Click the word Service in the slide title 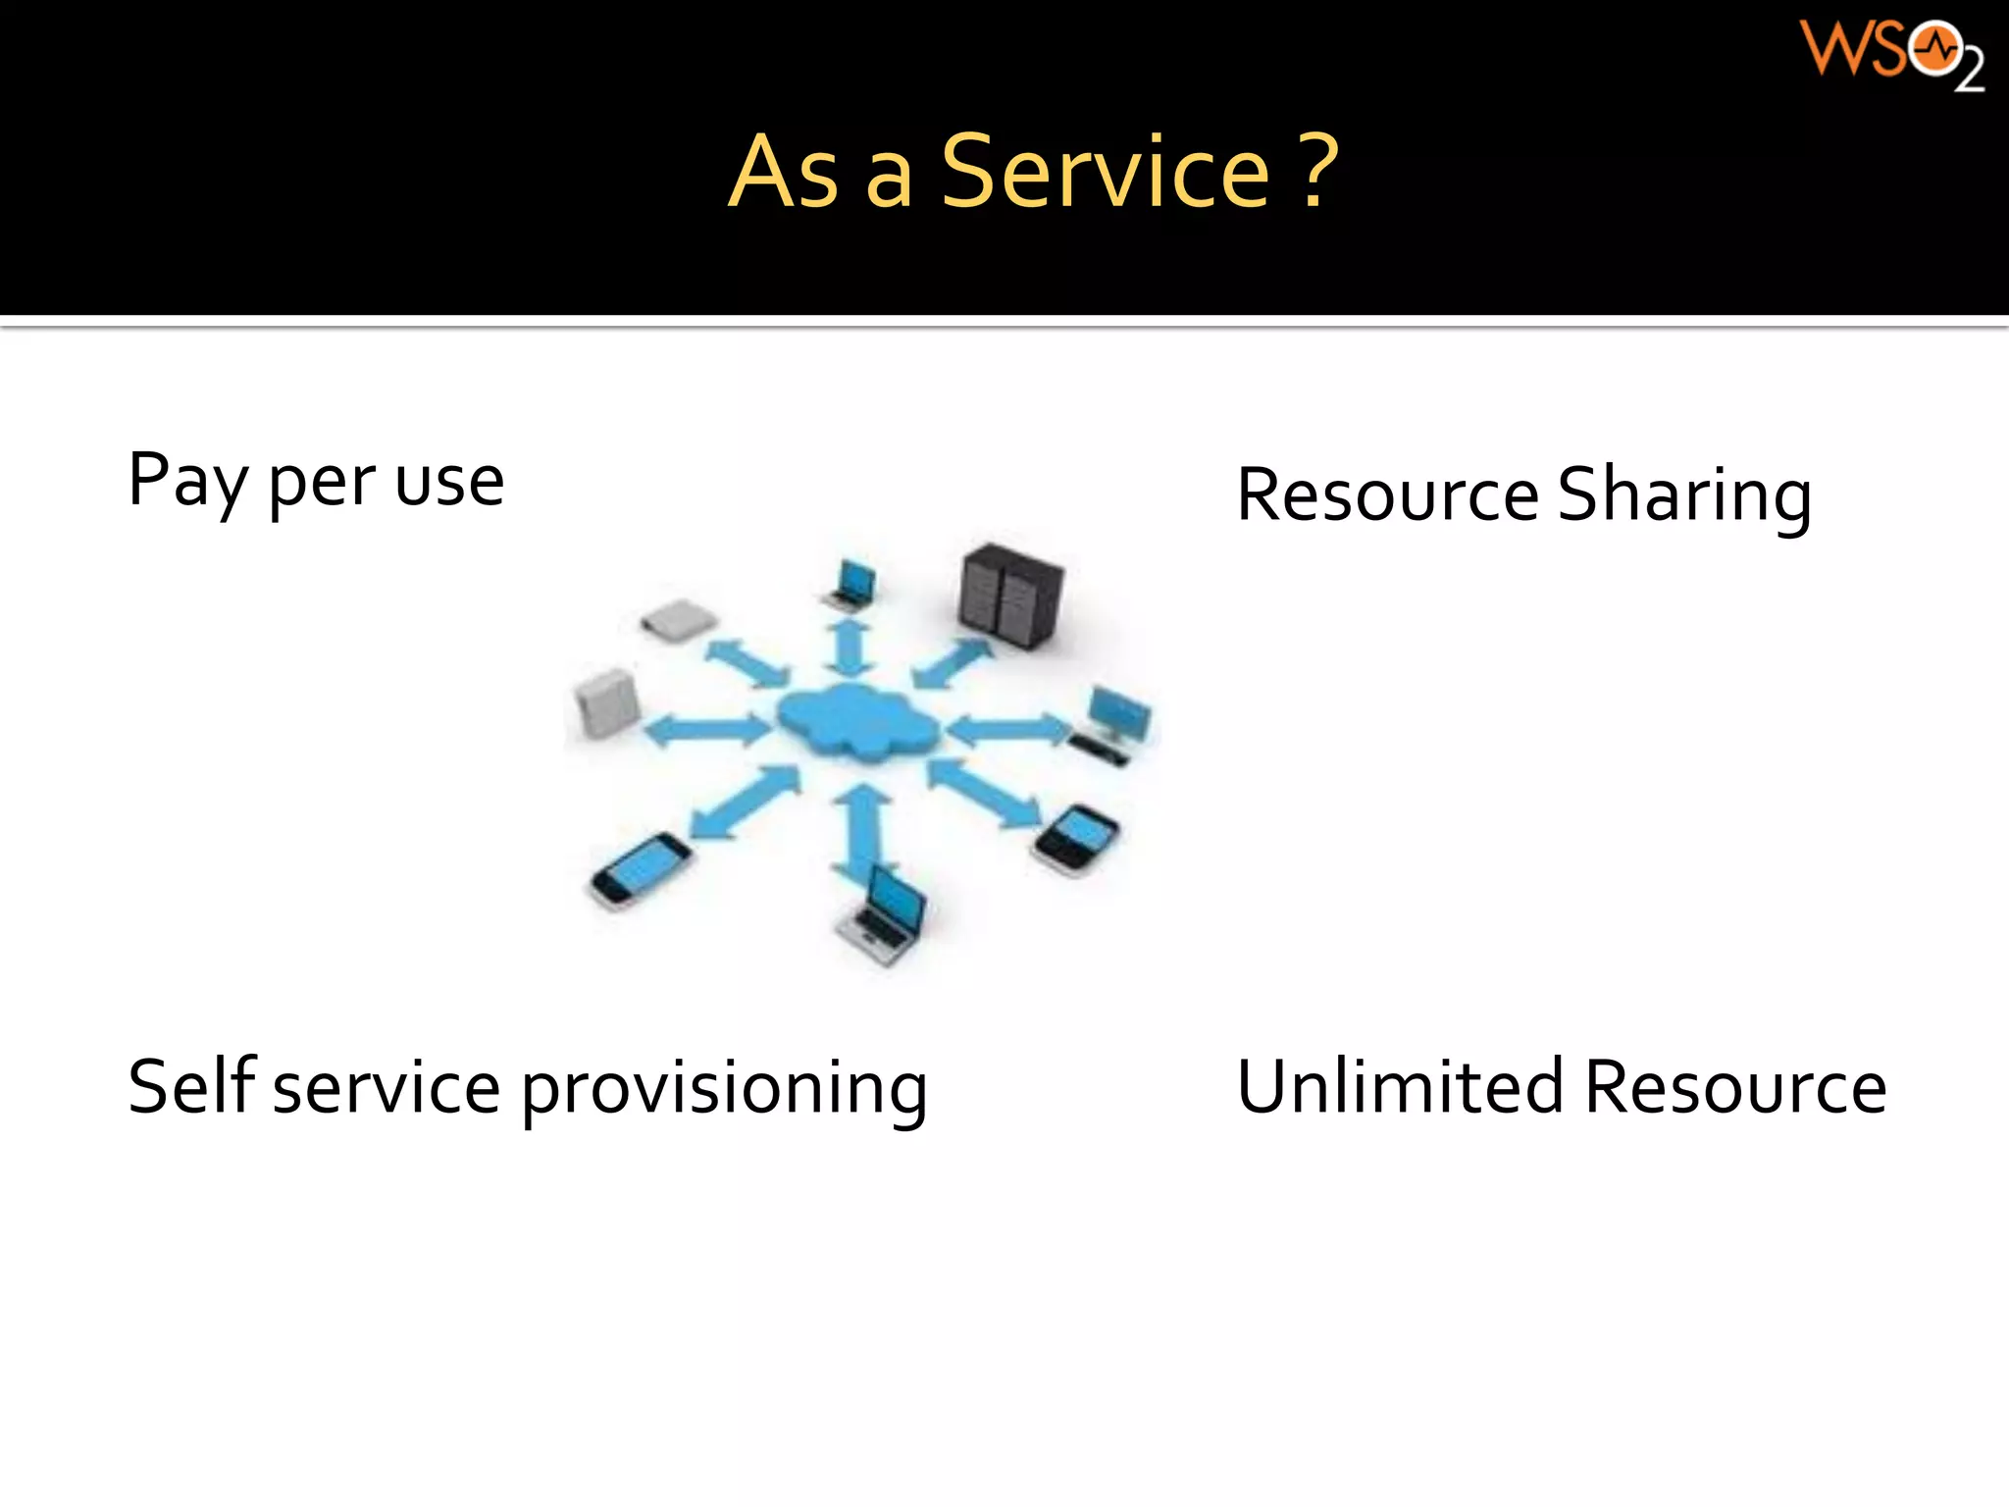1106,173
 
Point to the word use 449,483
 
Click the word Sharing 1683,495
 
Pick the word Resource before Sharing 1387,495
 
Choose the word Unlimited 1400,1087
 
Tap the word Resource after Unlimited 1735,1087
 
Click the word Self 192,1086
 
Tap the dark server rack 1010,596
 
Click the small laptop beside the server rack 851,586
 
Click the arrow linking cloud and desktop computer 1005,729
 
